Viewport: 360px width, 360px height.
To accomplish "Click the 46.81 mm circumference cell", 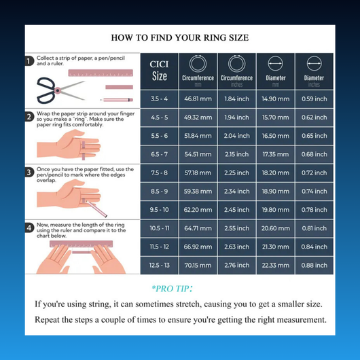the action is (x=198, y=99).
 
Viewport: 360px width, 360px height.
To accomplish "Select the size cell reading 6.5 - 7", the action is (x=160, y=154).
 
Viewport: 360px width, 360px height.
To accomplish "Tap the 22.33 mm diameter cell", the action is (x=276, y=266).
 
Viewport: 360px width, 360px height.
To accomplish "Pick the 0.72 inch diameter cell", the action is (x=314, y=173).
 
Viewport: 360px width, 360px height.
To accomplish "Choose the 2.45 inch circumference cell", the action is (x=236, y=210).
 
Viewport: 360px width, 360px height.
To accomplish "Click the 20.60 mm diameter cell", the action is (x=276, y=228).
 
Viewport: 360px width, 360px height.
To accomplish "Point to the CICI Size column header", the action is (x=160, y=71).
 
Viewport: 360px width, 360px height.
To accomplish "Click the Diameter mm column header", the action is (x=276, y=71).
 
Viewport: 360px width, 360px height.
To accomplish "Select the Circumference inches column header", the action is (x=236, y=71).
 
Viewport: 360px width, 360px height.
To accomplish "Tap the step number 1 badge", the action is (x=29, y=61).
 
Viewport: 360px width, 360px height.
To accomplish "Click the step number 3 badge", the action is (x=29, y=173).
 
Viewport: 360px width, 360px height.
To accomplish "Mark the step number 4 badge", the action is (x=29, y=228).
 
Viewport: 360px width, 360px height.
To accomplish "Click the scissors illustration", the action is (x=60, y=90).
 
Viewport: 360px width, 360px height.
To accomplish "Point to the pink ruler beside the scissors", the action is (x=101, y=73).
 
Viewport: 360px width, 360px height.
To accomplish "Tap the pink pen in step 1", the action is (x=117, y=100).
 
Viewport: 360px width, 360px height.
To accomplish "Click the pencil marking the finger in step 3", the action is (x=96, y=209).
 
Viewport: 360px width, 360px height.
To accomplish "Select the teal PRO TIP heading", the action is (x=172, y=289).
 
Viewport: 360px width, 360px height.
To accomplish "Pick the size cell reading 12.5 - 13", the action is (x=160, y=266).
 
